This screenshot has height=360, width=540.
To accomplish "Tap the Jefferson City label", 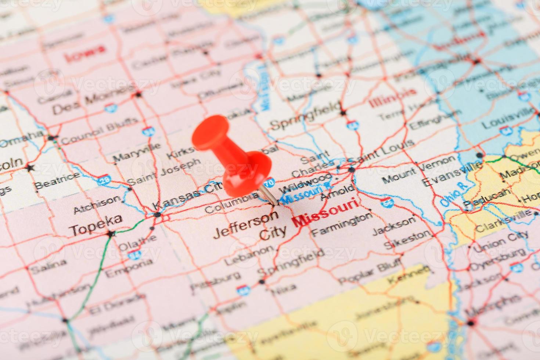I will tap(250, 226).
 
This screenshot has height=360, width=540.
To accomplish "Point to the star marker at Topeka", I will tap(109, 233).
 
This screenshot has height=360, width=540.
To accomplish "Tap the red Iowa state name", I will tap(84, 53).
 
